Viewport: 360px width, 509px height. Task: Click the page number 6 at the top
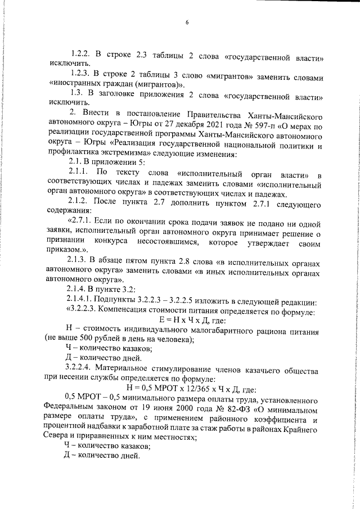point(187,22)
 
